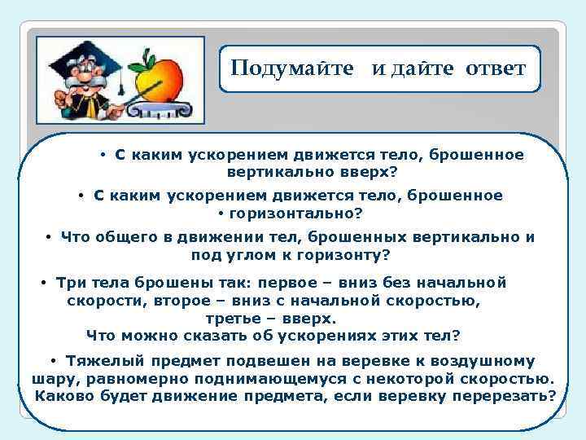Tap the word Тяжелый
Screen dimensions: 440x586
tap(103, 361)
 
